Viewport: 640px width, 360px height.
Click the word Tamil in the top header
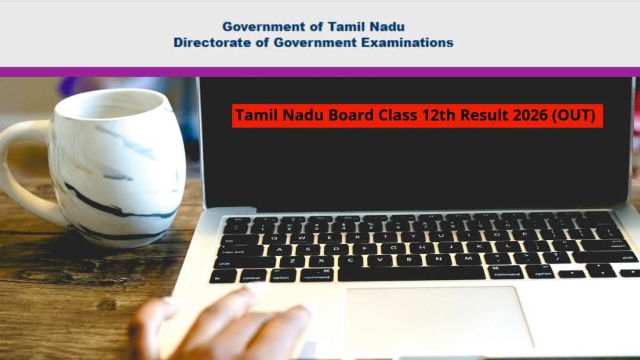[x=347, y=27]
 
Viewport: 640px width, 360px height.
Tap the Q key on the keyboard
[x=274, y=238]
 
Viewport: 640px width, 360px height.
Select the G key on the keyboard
[x=393, y=247]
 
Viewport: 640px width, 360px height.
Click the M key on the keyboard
[x=467, y=259]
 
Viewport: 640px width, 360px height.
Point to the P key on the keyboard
[x=524, y=235]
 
